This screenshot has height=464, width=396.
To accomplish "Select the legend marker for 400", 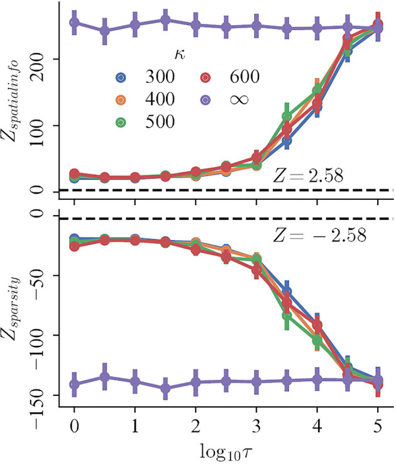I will coord(122,99).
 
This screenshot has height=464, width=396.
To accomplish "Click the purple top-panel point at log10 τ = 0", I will coord(74,23).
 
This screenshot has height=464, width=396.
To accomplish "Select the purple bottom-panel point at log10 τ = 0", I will coord(74,384).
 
